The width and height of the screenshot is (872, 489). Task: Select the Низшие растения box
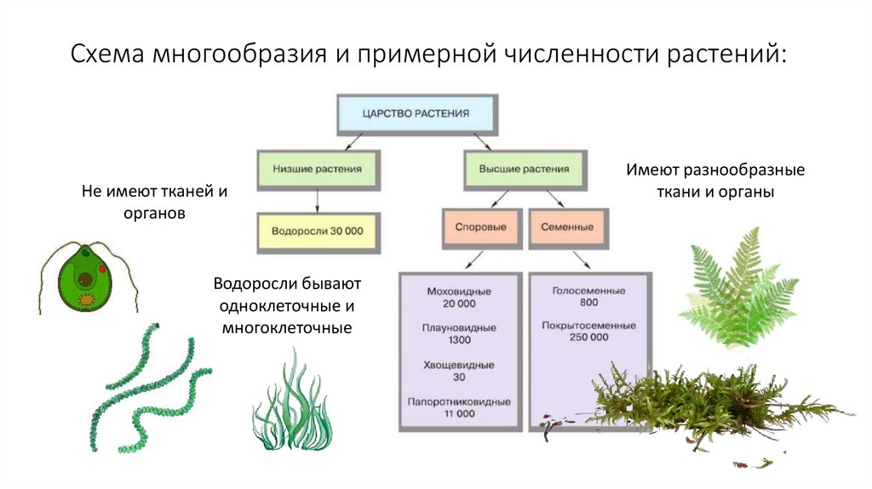[x=317, y=169]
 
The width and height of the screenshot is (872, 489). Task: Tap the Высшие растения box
[x=525, y=169]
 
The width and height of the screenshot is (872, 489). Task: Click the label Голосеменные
[x=588, y=291]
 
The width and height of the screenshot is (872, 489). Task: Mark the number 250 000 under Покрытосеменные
[x=588, y=337]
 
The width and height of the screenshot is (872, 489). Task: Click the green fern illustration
[x=737, y=290]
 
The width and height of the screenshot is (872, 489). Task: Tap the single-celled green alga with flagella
[x=84, y=277]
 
